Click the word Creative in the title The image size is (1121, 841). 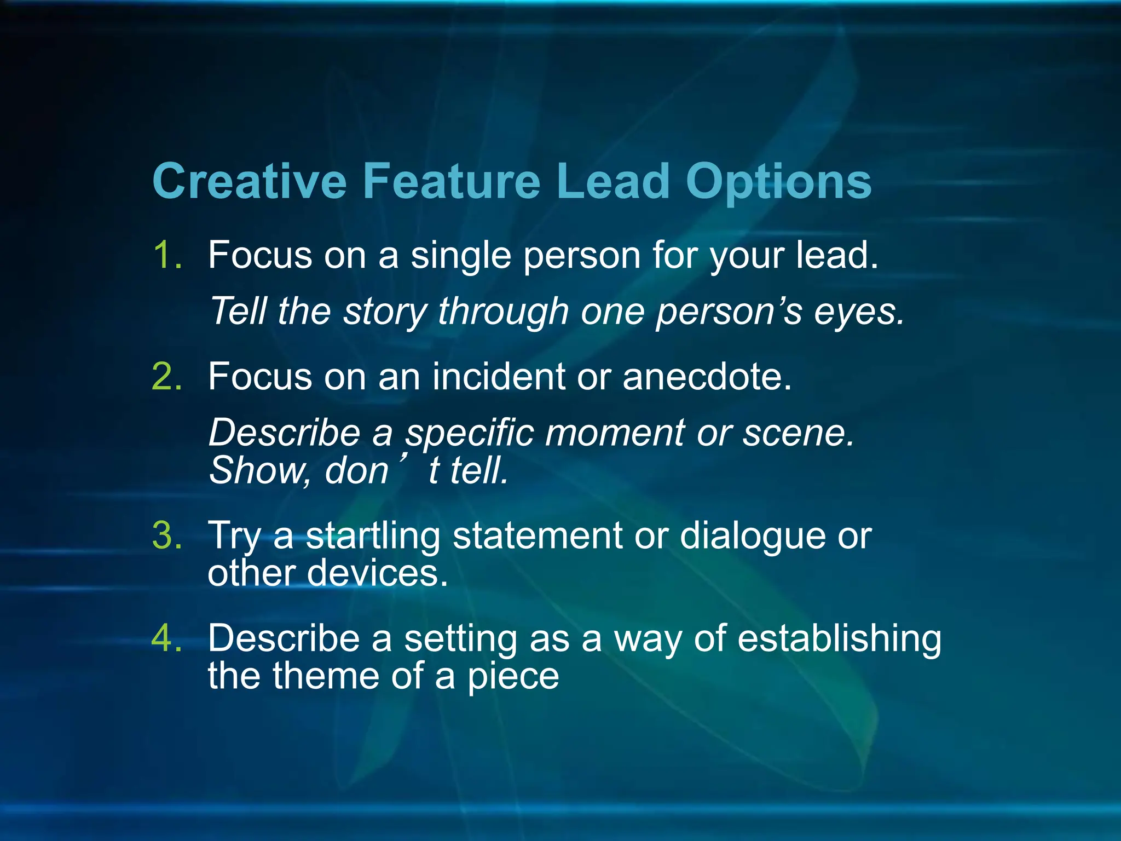click(x=250, y=181)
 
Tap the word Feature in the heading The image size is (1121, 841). click(x=452, y=181)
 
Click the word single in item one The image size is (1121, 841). click(x=460, y=256)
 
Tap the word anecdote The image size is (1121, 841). click(x=707, y=377)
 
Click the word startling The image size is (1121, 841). click(x=373, y=536)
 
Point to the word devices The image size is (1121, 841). click(x=377, y=573)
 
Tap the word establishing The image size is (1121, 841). click(x=839, y=639)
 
